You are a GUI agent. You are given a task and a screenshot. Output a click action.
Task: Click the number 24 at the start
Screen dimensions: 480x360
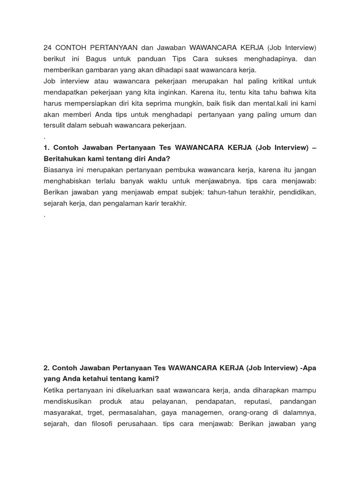click(x=47, y=48)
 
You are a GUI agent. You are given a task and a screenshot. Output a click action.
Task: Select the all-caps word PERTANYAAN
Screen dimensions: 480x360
click(x=112, y=48)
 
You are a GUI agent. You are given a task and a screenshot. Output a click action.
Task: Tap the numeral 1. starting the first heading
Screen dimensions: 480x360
click(x=46, y=148)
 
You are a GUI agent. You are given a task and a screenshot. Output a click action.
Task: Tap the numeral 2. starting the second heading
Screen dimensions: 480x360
click(x=46, y=368)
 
